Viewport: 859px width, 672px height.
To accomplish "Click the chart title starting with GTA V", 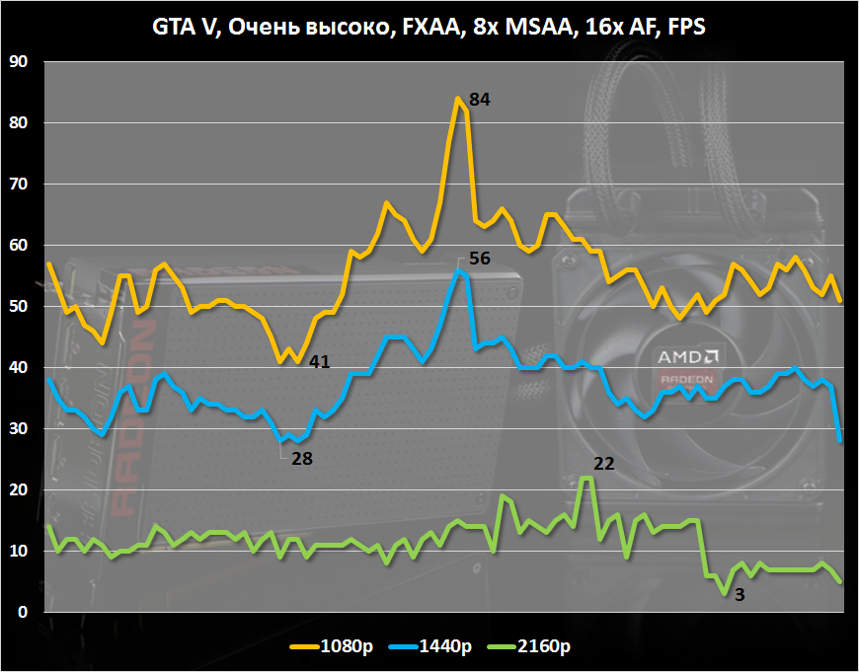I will coord(429,28).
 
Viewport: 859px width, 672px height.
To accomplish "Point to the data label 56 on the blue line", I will coord(480,259).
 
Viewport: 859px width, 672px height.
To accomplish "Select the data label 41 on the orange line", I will coord(319,362).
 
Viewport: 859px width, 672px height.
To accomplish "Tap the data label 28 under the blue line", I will coord(302,459).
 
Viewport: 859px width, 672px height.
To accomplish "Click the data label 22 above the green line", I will coord(604,462).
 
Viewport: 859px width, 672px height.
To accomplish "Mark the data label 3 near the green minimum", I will coord(740,595).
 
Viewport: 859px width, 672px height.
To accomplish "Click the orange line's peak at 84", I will coord(457,99).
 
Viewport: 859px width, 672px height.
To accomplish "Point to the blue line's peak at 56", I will coord(456,269).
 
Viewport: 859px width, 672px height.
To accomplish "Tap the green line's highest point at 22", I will coord(586,478).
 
